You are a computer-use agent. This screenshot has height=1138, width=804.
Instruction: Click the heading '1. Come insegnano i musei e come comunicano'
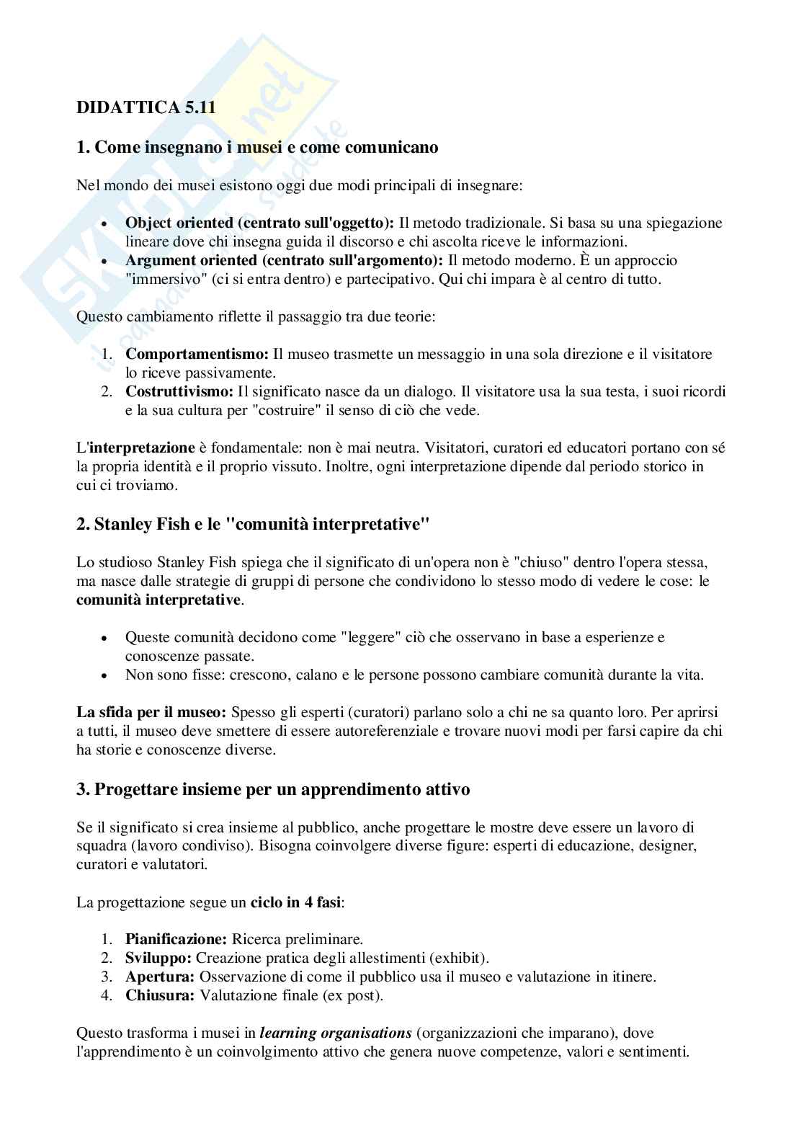pos(257,148)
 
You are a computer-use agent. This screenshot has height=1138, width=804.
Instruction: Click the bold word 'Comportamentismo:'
pos(197,354)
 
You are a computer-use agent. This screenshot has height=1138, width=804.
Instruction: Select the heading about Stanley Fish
pos(253,524)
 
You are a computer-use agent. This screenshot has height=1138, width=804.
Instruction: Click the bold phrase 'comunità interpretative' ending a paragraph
pos(158,600)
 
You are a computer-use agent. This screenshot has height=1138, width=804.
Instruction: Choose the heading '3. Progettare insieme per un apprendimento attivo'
pos(273,789)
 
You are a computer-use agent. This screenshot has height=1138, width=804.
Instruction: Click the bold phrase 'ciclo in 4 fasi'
pos(295,902)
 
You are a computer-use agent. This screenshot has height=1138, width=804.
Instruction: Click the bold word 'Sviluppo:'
pos(158,959)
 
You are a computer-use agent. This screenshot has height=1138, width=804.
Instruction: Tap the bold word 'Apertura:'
pos(160,977)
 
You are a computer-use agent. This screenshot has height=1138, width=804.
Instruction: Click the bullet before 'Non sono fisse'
pos(105,676)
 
